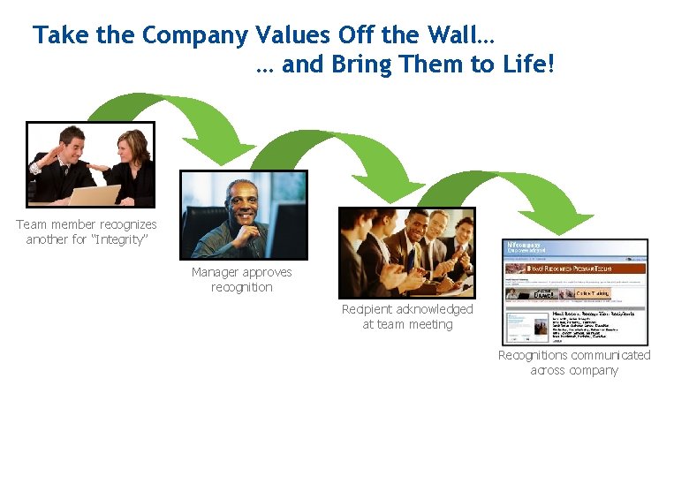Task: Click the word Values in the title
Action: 287,35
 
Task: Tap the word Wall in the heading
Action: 458,35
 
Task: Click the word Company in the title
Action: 195,35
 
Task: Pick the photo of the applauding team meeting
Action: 406,253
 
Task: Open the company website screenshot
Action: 575,291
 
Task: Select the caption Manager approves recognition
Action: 242,280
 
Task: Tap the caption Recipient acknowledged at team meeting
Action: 407,317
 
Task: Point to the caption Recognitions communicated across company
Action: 574,363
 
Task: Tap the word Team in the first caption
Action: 32,224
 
